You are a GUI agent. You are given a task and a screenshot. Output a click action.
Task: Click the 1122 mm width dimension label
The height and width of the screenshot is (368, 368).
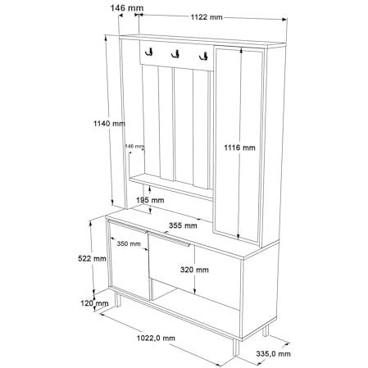[x=207, y=17]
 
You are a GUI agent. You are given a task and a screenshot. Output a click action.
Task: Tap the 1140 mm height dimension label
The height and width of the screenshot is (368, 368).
[x=109, y=124]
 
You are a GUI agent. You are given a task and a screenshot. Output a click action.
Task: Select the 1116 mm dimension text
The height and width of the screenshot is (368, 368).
[x=240, y=148]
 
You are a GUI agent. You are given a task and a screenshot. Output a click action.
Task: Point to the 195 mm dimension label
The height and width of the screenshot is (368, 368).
[x=150, y=200]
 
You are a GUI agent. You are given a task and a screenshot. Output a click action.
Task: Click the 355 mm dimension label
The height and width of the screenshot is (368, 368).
[x=183, y=225]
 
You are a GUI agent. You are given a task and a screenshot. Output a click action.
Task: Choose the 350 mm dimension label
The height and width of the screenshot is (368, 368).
[x=129, y=243]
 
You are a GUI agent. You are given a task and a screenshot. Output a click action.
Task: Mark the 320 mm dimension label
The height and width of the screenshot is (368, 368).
[x=194, y=270]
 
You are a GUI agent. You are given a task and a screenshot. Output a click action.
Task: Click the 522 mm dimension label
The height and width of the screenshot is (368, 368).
[x=92, y=258]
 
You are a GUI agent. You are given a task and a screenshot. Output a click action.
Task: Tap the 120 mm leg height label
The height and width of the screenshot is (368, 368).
[x=94, y=303]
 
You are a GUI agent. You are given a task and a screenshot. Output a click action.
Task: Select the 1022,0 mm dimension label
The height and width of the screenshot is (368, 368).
[x=156, y=338]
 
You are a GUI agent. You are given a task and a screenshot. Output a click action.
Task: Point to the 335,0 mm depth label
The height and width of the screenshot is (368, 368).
[x=273, y=354]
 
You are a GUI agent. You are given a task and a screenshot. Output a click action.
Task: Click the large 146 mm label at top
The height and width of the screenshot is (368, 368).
[x=127, y=8]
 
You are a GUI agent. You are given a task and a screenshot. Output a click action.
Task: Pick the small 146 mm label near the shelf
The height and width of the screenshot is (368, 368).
[x=134, y=147]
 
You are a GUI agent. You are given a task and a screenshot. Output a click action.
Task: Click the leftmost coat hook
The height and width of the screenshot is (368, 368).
[x=149, y=52]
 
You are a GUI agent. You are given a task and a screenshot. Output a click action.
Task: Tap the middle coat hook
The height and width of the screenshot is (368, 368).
[x=175, y=54]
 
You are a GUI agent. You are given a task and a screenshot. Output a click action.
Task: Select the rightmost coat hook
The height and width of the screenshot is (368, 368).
[x=203, y=57]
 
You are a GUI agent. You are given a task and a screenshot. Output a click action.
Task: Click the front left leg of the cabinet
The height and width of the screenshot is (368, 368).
[x=118, y=299]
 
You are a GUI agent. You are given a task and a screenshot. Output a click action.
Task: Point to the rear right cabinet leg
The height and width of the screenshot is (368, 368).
[x=266, y=330]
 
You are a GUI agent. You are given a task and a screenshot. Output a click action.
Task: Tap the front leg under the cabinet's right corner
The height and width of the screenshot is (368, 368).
[x=236, y=348]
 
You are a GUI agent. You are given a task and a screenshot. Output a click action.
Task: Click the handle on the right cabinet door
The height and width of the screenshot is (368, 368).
[x=169, y=239]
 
